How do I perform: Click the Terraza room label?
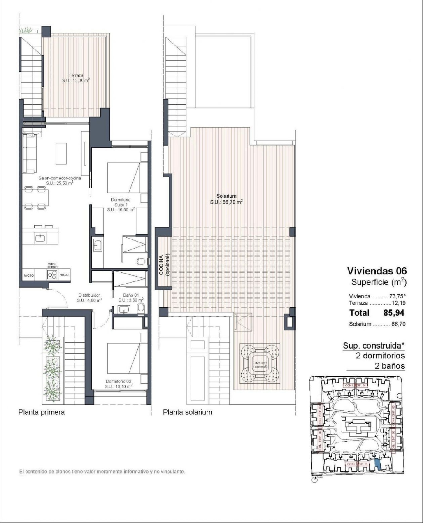tap(76, 78)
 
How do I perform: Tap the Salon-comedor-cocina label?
tap(60, 180)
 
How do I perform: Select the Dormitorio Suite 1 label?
tap(121, 205)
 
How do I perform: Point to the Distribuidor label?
tap(89, 298)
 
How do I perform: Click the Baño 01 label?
tap(131, 297)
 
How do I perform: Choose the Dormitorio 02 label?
tap(118, 384)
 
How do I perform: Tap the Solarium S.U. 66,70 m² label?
tap(226, 199)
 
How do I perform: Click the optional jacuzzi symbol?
tap(260, 363)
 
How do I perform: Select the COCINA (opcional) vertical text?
tap(164, 265)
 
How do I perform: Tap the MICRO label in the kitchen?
tap(28, 275)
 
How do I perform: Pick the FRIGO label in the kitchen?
tap(64, 275)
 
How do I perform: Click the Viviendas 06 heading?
tap(377, 271)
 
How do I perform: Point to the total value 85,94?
tap(394, 313)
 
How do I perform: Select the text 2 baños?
tap(390, 366)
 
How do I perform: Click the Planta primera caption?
tap(41, 412)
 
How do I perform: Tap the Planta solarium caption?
tap(188, 412)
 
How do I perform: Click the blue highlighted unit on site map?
tap(377, 464)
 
